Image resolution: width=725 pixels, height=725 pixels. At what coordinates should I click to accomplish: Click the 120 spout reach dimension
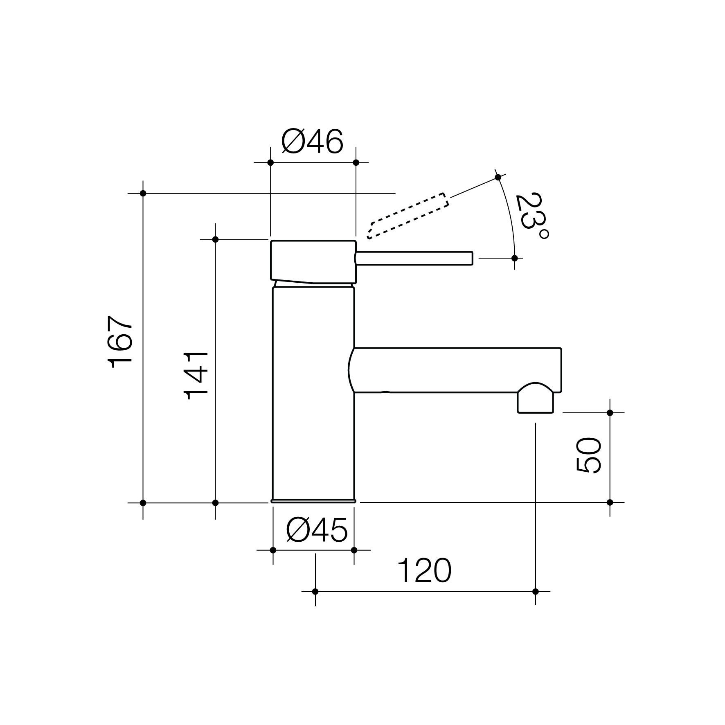point(425,570)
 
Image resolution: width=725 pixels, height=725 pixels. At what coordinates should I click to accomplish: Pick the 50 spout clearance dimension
point(588,455)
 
